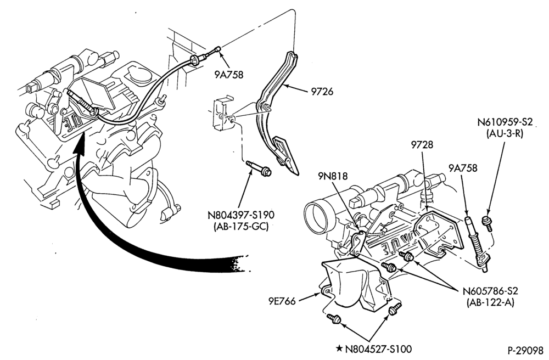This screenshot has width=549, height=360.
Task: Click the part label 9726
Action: click(x=322, y=92)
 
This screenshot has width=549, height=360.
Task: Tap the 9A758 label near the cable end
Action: click(x=229, y=75)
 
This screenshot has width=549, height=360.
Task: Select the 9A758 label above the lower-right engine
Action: click(x=463, y=168)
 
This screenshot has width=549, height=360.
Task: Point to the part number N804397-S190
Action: click(x=240, y=215)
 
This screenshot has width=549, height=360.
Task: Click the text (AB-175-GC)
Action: click(x=240, y=226)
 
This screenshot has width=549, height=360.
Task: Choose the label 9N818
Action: click(x=333, y=176)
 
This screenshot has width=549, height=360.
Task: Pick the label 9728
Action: click(x=422, y=144)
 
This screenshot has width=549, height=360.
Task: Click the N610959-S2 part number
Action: click(x=505, y=122)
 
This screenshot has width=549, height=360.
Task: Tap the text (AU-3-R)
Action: click(x=505, y=133)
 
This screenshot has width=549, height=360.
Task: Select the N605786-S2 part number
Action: click(x=490, y=291)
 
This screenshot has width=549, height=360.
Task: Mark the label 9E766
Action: click(x=282, y=301)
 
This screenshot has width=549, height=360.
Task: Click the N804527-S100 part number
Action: click(x=378, y=349)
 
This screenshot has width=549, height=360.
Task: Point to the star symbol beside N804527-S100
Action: click(x=339, y=348)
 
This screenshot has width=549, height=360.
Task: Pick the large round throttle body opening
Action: click(x=317, y=217)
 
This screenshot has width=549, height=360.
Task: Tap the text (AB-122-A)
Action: click(x=490, y=302)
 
